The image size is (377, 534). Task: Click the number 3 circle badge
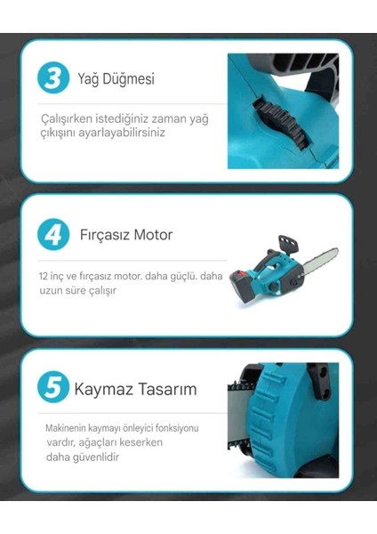[53, 77]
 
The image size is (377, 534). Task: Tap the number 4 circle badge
[53, 235]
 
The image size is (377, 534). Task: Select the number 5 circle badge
[53, 389]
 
